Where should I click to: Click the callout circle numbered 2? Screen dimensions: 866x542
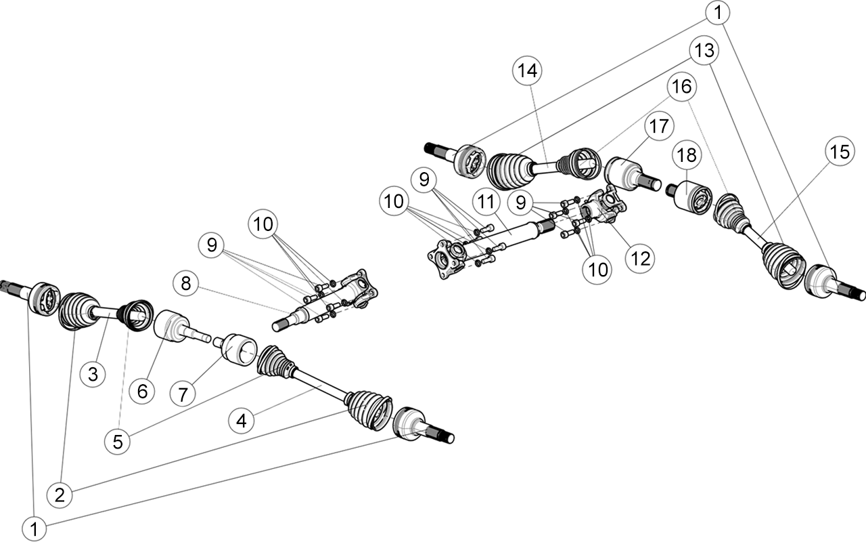point(60,495)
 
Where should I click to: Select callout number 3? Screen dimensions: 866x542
point(93,374)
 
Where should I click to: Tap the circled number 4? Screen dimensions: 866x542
point(242,421)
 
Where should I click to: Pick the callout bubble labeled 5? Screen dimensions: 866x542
point(118,442)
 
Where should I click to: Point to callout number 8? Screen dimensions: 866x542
point(186,283)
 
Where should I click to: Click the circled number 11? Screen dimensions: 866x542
point(486,201)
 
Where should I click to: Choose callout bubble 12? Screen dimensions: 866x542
point(640,259)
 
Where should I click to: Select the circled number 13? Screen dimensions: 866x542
point(704,50)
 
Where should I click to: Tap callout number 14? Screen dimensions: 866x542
point(527,71)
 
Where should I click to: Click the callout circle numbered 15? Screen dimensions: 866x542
point(840,151)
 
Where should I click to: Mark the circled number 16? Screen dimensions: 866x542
point(681,86)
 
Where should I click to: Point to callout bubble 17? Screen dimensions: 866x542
point(659,126)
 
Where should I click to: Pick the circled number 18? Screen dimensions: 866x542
point(687,155)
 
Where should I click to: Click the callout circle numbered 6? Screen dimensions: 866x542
point(142,391)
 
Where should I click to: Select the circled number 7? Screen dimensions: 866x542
point(183,394)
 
